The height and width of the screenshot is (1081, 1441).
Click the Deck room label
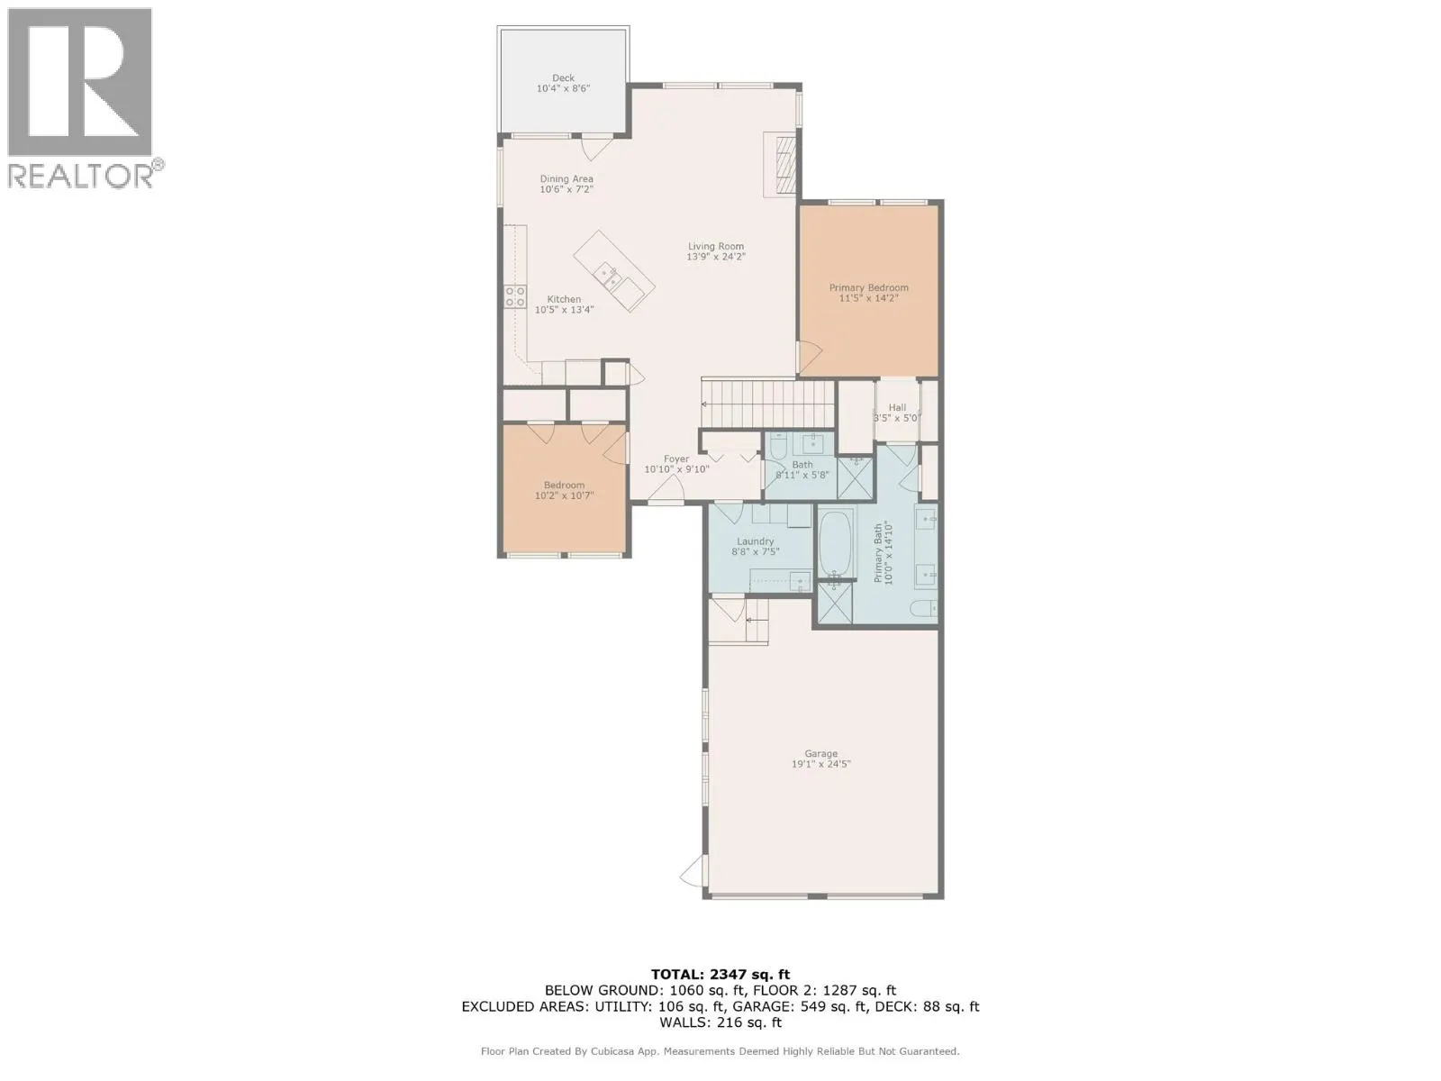(563, 78)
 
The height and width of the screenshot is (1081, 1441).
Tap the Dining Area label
(566, 179)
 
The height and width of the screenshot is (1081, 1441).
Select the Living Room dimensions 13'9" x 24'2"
(716, 257)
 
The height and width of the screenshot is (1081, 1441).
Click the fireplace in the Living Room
(782, 163)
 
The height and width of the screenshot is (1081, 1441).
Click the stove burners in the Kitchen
(515, 296)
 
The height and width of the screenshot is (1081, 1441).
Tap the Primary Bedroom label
(868, 287)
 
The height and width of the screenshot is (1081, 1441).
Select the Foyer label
(676, 459)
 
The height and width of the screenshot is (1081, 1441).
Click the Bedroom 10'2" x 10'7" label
(564, 486)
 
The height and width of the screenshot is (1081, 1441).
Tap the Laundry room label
(755, 541)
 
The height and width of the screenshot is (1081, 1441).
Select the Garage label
(820, 754)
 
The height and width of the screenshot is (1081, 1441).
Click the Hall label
(897, 407)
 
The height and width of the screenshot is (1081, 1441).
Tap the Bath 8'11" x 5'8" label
(802, 465)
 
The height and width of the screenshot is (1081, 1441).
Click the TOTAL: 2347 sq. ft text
(720, 974)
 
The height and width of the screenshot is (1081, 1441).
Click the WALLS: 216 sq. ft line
(720, 1022)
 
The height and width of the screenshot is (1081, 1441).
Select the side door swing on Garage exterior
(691, 872)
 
